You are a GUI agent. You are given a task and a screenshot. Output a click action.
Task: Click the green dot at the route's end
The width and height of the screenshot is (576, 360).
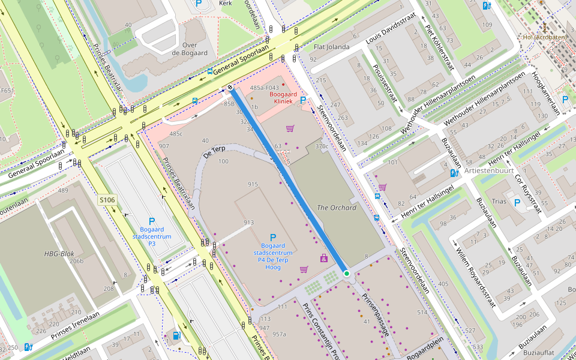pyautogui.click(x=346, y=274)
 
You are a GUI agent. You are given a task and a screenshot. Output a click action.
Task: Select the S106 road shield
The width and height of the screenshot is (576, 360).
pyautogui.click(x=106, y=199)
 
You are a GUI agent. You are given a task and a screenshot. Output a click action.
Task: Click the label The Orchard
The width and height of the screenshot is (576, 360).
pyautogui.click(x=336, y=208)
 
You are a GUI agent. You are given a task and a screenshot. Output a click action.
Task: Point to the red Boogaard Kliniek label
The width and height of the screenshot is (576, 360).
pyautogui.click(x=281, y=98)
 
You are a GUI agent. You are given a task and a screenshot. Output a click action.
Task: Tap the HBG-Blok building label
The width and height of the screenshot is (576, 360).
pyautogui.click(x=59, y=254)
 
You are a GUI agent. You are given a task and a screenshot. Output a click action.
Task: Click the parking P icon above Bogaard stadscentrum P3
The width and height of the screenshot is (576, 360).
pyautogui.click(x=152, y=221)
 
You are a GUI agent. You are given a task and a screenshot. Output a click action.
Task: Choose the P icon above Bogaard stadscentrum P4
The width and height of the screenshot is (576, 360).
pyautogui.click(x=273, y=238)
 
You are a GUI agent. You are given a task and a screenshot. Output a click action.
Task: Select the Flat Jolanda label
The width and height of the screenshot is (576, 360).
pyautogui.click(x=332, y=47)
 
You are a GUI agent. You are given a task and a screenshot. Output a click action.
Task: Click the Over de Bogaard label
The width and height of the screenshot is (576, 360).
pyautogui.click(x=190, y=49)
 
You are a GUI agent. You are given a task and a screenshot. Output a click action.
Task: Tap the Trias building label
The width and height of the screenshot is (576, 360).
pyautogui.click(x=499, y=202)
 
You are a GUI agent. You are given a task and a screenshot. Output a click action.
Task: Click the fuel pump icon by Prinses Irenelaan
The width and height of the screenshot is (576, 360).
pyautogui.click(x=176, y=335)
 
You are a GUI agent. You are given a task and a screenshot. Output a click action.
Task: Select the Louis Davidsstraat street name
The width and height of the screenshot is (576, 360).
pyautogui.click(x=390, y=36)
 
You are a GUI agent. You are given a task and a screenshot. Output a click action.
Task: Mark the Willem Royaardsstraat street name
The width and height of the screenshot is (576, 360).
pyautogui.click(x=475, y=274)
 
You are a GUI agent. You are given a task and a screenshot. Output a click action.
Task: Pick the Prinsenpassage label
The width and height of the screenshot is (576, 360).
pyautogui.click(x=376, y=314)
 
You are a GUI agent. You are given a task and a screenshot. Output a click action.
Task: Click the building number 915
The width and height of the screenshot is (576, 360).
pyautogui.click(x=252, y=184)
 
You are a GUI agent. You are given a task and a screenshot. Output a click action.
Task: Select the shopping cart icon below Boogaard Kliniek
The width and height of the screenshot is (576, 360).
pyautogui.click(x=290, y=128)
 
